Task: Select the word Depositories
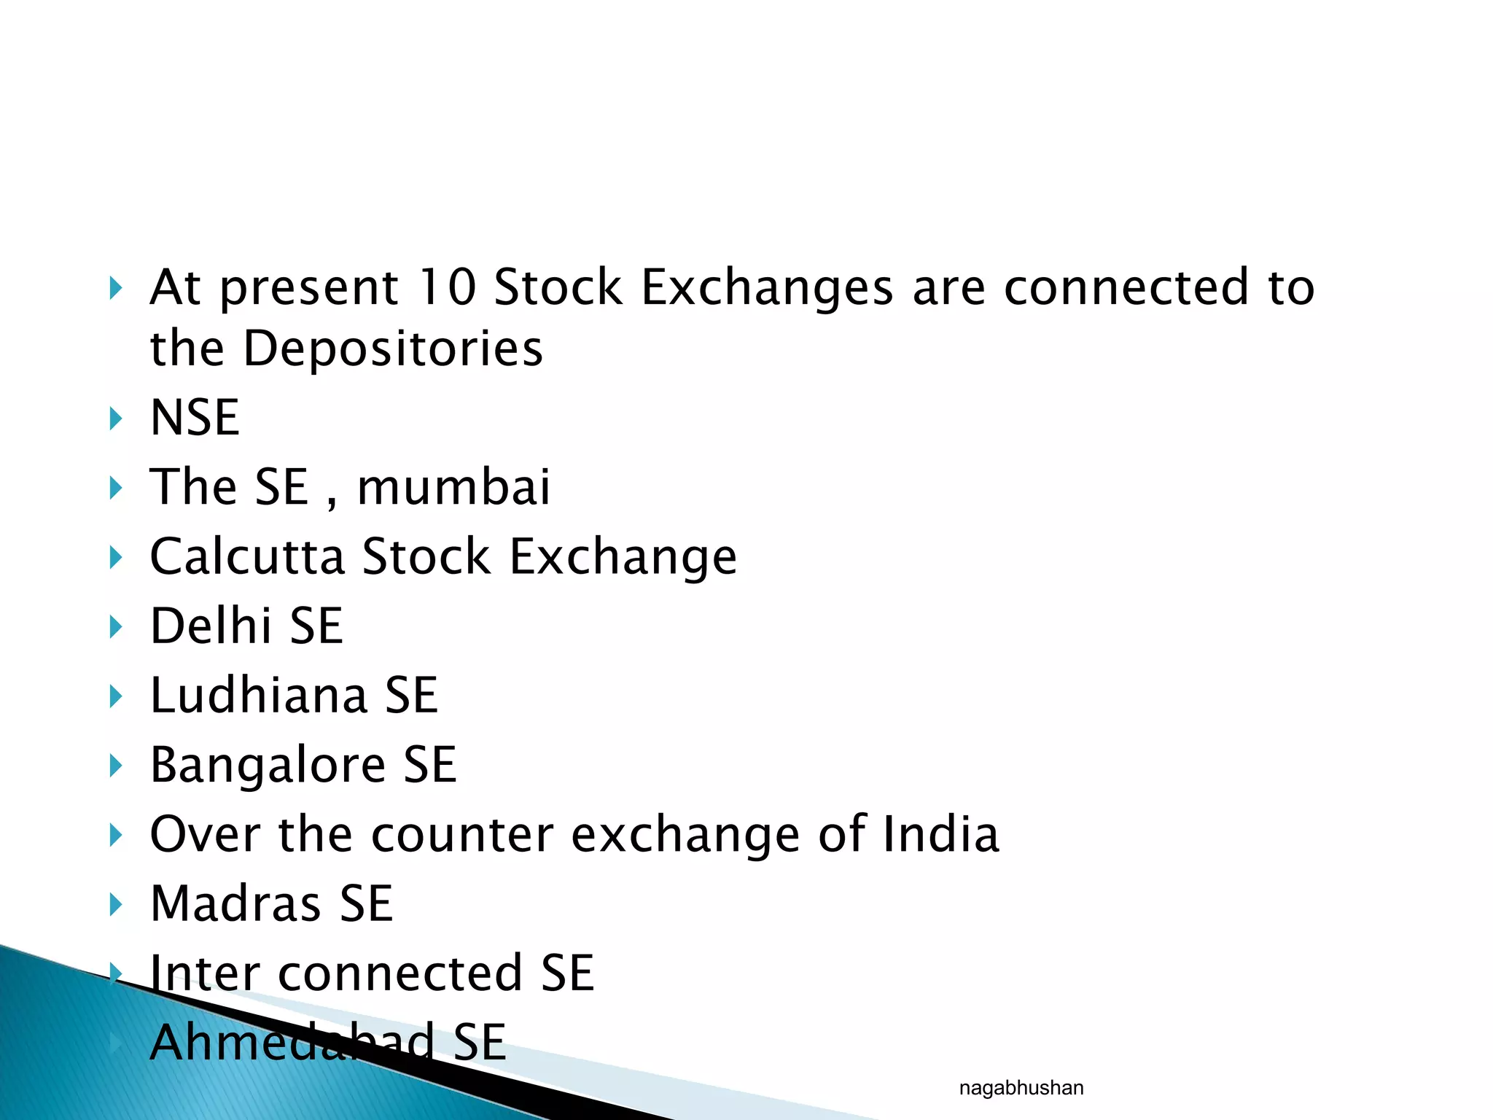coord(393,349)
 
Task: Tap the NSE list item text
coord(195,418)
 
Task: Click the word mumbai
coord(453,487)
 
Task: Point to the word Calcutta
coord(247,557)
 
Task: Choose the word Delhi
coord(211,626)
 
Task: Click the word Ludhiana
coord(259,695)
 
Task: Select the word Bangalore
coord(268,765)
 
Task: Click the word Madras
coord(235,903)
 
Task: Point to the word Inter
coord(205,973)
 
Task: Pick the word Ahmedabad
coord(292,1042)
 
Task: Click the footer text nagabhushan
coord(1021,1089)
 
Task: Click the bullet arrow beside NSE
coord(115,419)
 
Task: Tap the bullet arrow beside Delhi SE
coord(115,626)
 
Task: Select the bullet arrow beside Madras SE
coord(115,904)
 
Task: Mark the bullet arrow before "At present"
coord(115,288)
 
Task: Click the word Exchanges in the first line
coord(767,287)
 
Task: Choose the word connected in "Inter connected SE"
coord(400,973)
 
